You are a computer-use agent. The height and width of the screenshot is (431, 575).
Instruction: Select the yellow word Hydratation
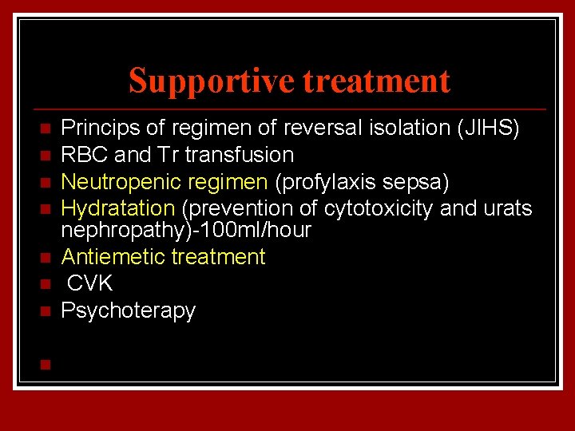click(118, 209)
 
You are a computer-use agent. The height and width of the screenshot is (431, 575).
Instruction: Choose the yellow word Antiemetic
click(112, 257)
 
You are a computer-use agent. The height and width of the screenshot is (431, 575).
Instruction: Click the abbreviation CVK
click(90, 283)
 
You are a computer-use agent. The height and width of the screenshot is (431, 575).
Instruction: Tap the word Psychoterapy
click(129, 310)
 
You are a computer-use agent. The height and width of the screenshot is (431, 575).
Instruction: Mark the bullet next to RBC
click(45, 155)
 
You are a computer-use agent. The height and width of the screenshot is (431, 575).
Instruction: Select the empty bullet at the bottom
click(45, 365)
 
